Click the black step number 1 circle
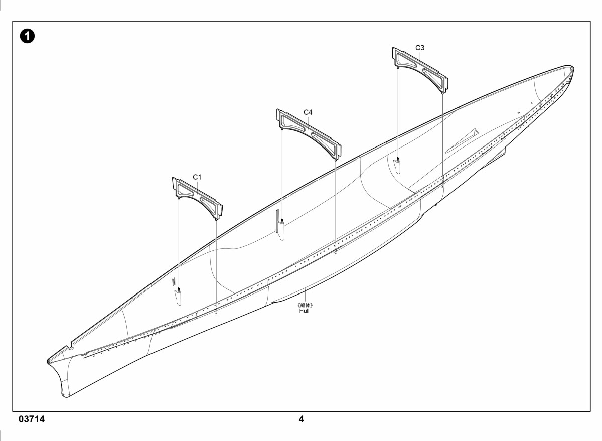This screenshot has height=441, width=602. point(27,36)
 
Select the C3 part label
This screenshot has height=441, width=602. point(420,48)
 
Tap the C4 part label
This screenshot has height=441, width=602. point(308,112)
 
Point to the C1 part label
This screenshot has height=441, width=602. point(197,177)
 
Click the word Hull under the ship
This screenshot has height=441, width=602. point(304,311)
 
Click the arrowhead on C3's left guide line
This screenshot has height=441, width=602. point(398,160)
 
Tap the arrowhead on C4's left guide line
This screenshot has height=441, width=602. point(282,221)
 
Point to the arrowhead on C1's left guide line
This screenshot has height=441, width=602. point(179,289)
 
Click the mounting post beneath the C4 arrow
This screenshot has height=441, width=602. point(281,231)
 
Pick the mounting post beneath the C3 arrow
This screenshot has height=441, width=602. point(397,167)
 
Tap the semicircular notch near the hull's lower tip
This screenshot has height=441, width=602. point(70,347)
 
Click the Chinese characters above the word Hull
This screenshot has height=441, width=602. point(306,305)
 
